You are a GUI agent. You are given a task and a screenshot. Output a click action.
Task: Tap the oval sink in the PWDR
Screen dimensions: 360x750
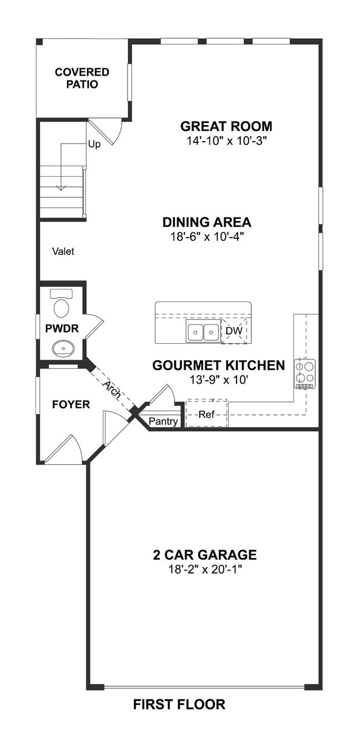63,349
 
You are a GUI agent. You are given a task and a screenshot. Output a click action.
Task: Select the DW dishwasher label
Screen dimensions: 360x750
234,331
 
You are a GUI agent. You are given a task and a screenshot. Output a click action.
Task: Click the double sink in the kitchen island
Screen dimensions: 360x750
203,330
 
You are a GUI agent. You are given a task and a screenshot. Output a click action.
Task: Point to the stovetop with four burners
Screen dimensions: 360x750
305,374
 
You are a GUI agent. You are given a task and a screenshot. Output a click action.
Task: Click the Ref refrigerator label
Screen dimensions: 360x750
206,414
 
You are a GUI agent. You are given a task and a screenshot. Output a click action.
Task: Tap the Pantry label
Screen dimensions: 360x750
163,421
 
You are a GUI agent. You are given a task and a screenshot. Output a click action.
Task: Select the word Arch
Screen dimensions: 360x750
112,390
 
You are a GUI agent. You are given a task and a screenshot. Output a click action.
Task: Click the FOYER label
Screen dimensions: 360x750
71,405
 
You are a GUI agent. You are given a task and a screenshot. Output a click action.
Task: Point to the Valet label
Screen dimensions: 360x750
63,251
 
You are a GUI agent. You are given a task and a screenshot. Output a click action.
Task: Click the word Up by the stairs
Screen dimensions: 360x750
94,144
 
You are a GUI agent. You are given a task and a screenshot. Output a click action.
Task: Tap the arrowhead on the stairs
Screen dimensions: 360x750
61,188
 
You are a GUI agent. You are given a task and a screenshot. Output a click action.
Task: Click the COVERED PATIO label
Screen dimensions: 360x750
82,79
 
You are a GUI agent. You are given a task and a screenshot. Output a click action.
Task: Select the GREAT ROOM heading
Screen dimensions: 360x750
227,126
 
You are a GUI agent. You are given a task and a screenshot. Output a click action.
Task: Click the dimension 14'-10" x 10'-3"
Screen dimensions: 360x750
227,141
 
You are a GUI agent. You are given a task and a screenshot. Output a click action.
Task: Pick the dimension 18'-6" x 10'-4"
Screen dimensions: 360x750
207,237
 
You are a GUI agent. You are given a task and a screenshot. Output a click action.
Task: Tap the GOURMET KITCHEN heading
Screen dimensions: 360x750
219,365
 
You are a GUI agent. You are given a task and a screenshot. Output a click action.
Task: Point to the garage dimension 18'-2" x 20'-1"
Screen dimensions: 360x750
205,569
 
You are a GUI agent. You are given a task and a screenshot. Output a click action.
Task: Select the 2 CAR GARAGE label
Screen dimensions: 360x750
205,555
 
